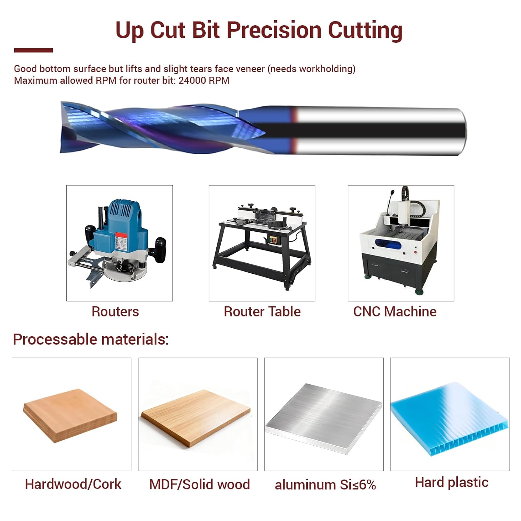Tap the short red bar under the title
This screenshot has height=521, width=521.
point(33,50)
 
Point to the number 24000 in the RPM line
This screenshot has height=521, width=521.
point(192,81)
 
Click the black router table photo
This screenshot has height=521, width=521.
point(262,243)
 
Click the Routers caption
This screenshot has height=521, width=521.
point(115,312)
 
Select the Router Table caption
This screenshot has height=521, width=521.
point(262,312)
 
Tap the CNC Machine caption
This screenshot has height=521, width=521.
point(395,312)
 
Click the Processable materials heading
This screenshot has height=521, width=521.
point(91,339)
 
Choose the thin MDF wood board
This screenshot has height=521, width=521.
point(196,417)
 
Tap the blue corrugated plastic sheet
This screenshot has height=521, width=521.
point(450,419)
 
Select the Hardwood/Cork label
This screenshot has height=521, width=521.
point(73,484)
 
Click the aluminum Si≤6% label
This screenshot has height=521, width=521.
point(325,485)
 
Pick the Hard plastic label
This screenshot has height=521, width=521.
point(452,482)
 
